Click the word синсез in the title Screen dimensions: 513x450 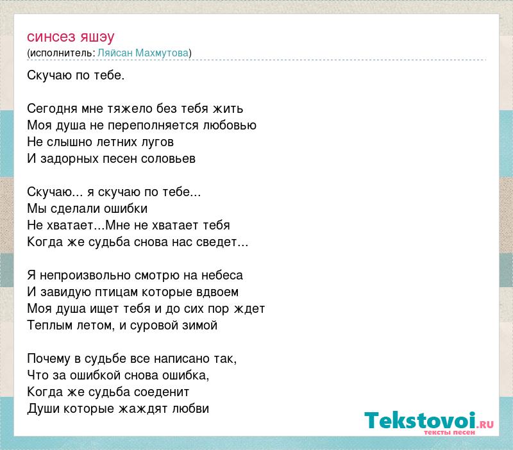coord(51,37)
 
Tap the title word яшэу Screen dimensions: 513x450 coord(97,38)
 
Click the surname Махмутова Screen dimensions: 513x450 coord(162,53)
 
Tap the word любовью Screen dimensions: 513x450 coord(230,125)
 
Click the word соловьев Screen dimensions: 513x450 coord(168,159)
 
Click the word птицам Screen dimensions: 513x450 coord(116,292)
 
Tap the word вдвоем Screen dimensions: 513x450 coord(217,292)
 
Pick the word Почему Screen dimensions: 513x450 coord(49,359)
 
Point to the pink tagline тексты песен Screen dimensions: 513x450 coord(450,432)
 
